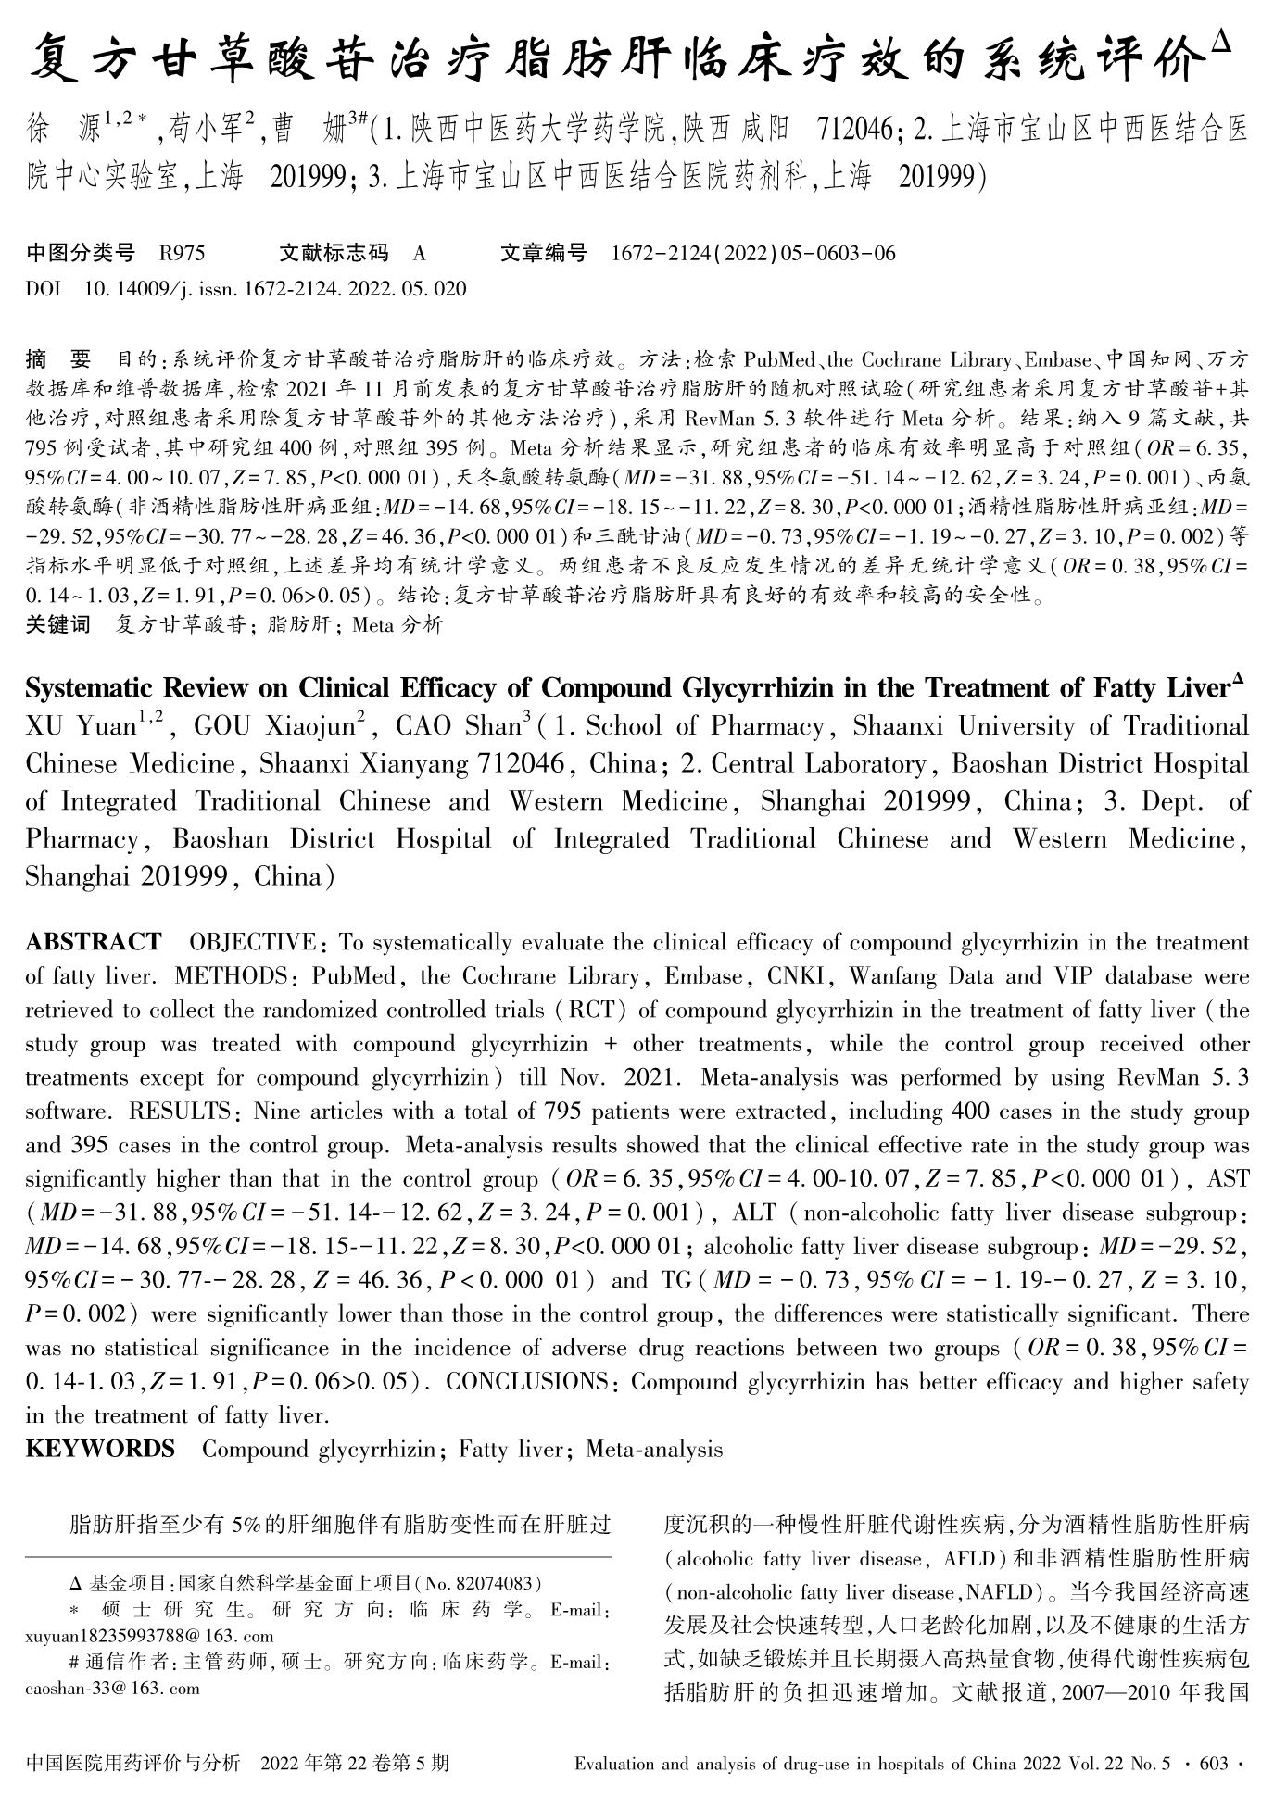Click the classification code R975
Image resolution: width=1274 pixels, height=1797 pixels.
pyautogui.click(x=183, y=253)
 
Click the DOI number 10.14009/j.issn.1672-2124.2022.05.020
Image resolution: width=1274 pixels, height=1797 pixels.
pyautogui.click(x=274, y=288)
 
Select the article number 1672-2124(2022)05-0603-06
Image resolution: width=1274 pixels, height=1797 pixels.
pyautogui.click(x=753, y=253)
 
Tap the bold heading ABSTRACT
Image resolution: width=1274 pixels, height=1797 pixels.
pyautogui.click(x=94, y=943)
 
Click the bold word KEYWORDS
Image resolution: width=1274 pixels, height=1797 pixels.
pyautogui.click(x=100, y=1449)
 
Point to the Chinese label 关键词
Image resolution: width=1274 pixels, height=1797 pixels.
pyautogui.click(x=57, y=624)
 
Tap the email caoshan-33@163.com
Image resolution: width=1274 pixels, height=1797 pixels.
pyautogui.click(x=113, y=1688)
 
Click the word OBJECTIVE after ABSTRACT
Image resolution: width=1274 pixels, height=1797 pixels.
pyautogui.click(x=252, y=943)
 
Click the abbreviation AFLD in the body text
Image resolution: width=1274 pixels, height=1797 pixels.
pyautogui.click(x=967, y=1559)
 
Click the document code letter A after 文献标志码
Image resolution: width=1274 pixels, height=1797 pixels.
pyautogui.click(x=420, y=253)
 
